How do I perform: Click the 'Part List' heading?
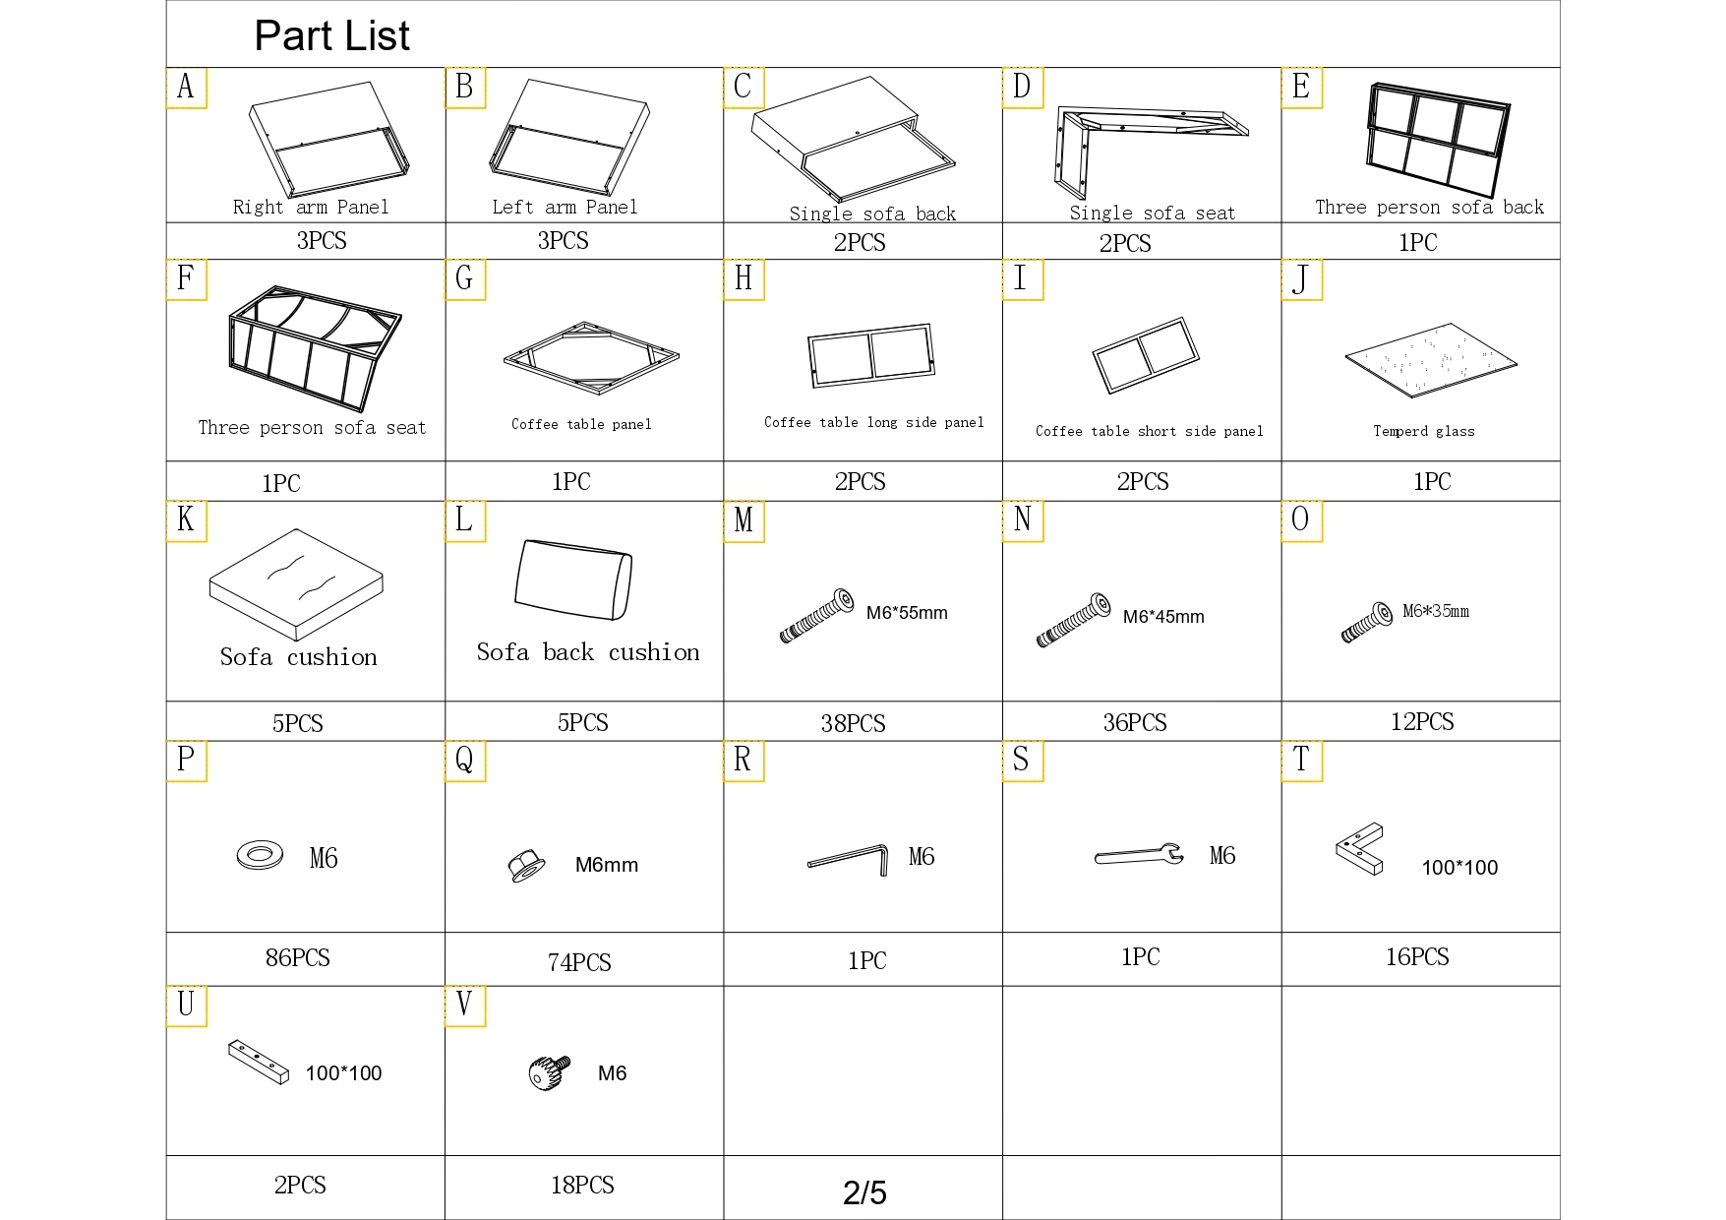pyautogui.click(x=331, y=36)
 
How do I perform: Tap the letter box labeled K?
pyautogui.click(x=186, y=521)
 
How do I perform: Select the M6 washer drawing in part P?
pyautogui.click(x=259, y=854)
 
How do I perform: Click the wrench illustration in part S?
pyautogui.click(x=1139, y=855)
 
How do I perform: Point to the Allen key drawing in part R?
pyautogui.click(x=848, y=858)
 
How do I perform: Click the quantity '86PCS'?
pyautogui.click(x=297, y=958)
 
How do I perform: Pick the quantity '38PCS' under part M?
pyautogui.click(x=853, y=724)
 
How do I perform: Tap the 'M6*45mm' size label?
pyautogui.click(x=1163, y=617)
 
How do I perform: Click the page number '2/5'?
pyautogui.click(x=864, y=1192)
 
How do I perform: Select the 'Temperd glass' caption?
pyautogui.click(x=1423, y=431)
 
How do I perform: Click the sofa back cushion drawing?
pyautogui.click(x=573, y=580)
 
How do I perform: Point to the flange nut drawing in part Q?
pyautogui.click(x=527, y=866)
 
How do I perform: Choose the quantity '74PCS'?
pyautogui.click(x=579, y=962)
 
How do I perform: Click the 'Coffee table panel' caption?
pyautogui.click(x=581, y=424)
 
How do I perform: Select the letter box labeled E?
pyautogui.click(x=1301, y=88)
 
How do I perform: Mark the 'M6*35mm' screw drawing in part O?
pyautogui.click(x=1368, y=622)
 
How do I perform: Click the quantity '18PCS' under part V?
pyautogui.click(x=582, y=1186)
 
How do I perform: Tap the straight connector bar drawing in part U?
pyautogui.click(x=259, y=1062)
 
